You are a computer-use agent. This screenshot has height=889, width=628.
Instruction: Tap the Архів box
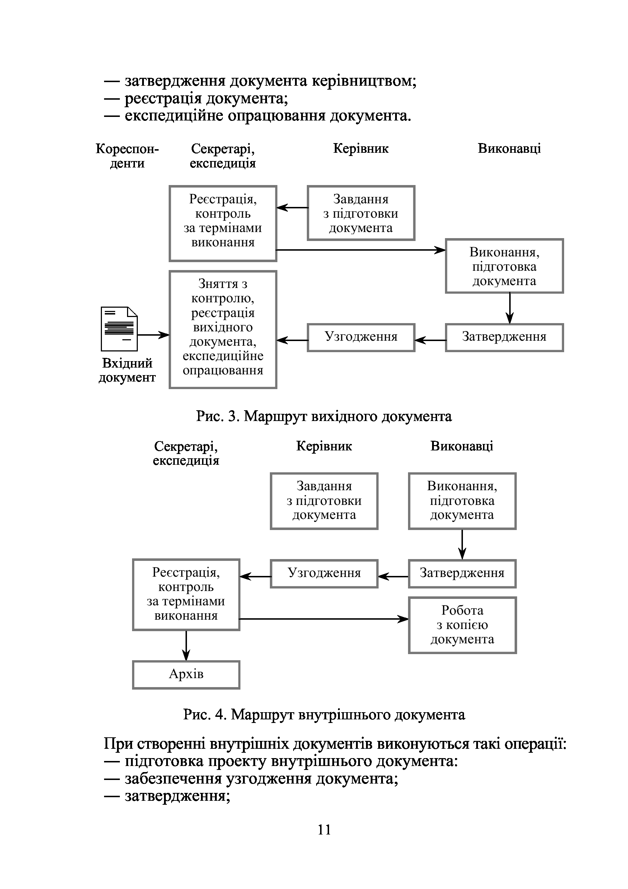[186, 675]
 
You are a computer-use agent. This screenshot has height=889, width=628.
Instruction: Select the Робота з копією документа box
[462, 625]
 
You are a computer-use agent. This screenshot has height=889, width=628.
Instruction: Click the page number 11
[324, 829]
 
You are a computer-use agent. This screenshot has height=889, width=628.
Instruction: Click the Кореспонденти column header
[127, 156]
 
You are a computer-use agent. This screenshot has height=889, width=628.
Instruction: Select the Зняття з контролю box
[223, 329]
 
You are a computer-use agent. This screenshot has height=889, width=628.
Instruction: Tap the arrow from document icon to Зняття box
[154, 335]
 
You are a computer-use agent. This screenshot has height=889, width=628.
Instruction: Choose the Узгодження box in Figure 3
[361, 337]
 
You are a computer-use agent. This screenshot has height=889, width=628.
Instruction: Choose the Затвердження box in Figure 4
[462, 573]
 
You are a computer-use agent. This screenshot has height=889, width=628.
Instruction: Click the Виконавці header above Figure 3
[509, 149]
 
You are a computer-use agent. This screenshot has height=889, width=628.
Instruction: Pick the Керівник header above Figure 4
[324, 446]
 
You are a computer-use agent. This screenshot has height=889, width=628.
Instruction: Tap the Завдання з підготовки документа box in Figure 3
[361, 213]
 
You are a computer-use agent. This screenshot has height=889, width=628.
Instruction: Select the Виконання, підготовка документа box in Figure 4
[462, 501]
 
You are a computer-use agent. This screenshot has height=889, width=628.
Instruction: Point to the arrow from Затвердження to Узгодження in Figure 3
[430, 340]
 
